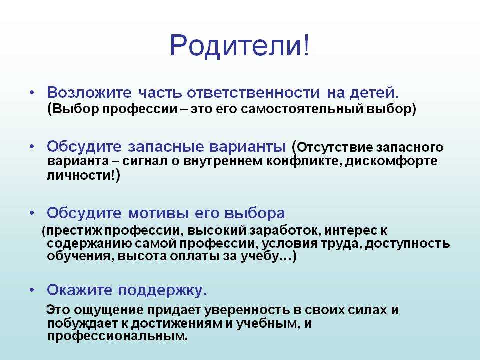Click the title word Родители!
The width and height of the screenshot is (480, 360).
click(240, 45)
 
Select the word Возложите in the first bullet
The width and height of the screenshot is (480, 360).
click(89, 93)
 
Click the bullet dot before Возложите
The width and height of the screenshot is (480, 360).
click(32, 92)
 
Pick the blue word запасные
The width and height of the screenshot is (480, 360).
click(166, 147)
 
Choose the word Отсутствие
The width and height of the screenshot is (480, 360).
click(334, 147)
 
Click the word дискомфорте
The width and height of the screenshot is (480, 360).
click(391, 161)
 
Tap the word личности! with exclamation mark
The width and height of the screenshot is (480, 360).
click(81, 175)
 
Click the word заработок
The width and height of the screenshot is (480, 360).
click(284, 230)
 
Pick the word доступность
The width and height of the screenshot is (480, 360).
click(408, 244)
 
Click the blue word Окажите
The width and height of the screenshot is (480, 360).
click(80, 290)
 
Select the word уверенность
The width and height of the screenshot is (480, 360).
click(247, 310)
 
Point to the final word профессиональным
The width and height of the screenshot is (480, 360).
click(117, 336)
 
